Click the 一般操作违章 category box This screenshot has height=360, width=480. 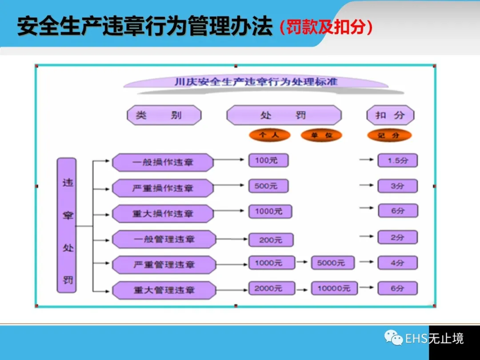pos(163,162)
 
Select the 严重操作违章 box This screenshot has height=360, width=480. pos(163,188)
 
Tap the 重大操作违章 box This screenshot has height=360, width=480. pos(163,213)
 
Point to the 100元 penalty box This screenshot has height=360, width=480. pos(268,160)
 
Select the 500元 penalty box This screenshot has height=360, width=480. pos(268,186)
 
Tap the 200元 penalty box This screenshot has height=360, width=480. pos(271,240)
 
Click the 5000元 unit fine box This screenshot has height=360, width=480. pos(333,263)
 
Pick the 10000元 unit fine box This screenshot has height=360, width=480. pos(334,288)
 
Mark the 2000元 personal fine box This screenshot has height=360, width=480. pos(271,288)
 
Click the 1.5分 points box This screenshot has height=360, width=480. pos(397,160)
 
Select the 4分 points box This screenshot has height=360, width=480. pos(397,263)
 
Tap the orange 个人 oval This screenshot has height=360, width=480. pos(269,135)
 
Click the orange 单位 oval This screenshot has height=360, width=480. pos(321,135)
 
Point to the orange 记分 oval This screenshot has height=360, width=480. pos(389,135)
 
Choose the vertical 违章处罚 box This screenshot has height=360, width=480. pos(67,225)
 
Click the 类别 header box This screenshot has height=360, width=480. pos(164,116)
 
